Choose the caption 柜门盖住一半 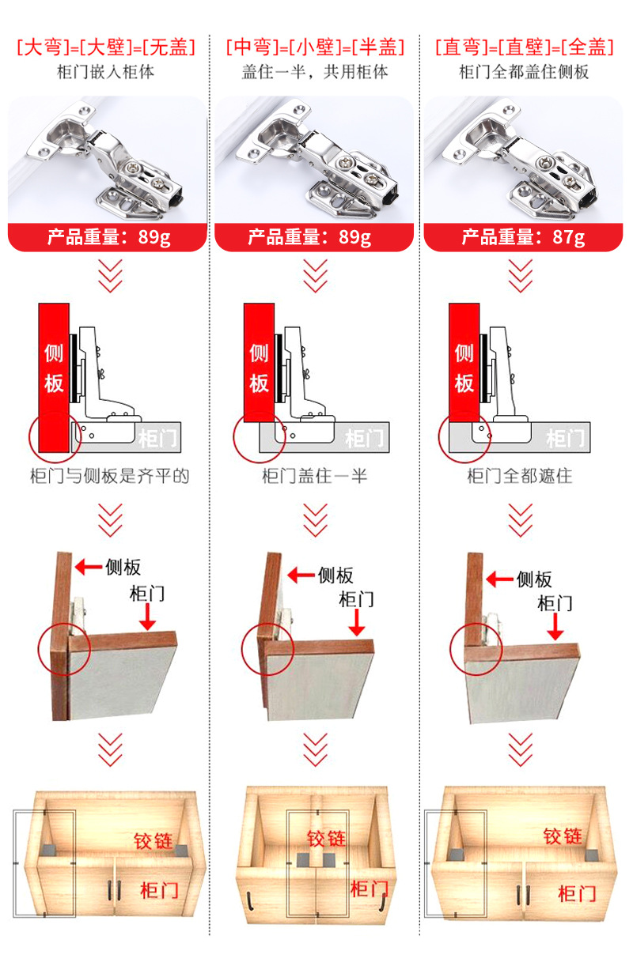[x=315, y=476]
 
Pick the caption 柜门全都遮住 [x=520, y=476]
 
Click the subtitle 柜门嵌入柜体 [x=105, y=72]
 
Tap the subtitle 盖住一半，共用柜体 [x=315, y=72]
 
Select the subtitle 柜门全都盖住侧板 [x=524, y=72]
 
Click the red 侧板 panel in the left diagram [x=54, y=372]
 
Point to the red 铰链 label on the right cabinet [x=563, y=836]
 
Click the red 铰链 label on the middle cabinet [x=327, y=838]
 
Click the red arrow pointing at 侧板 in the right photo [x=499, y=579]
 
